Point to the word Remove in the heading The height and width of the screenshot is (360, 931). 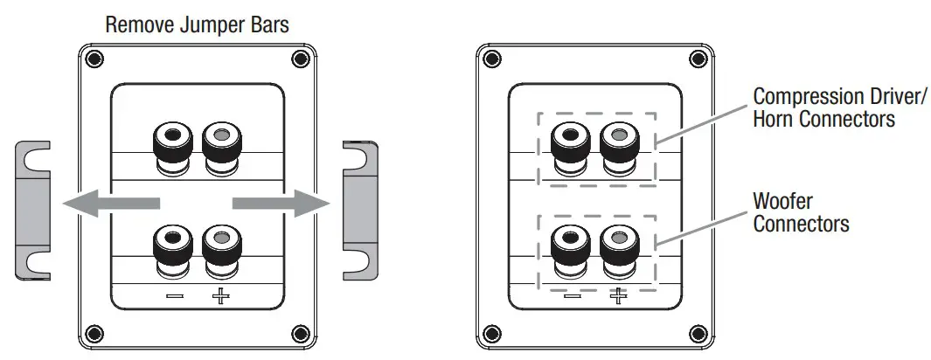pos(135,24)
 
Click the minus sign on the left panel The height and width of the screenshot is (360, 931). pos(175,297)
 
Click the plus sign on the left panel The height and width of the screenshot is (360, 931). pos(219,297)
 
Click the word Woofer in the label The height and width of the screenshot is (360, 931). pos(782,202)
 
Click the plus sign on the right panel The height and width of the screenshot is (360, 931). pos(618,297)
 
